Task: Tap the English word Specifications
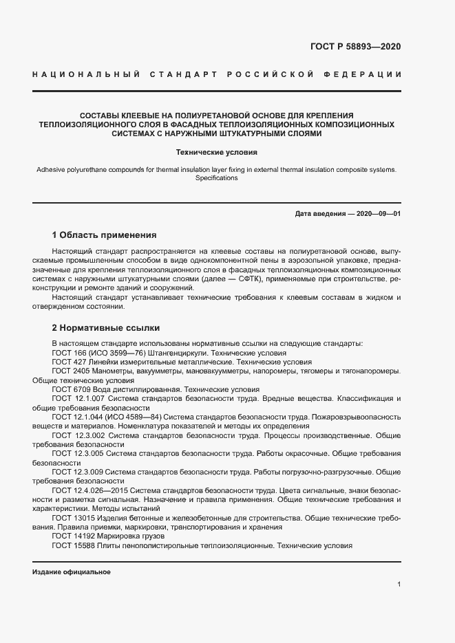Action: (x=217, y=178)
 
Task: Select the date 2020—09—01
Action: (x=377, y=214)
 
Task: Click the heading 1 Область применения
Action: (x=105, y=235)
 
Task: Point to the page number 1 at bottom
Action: (x=399, y=585)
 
